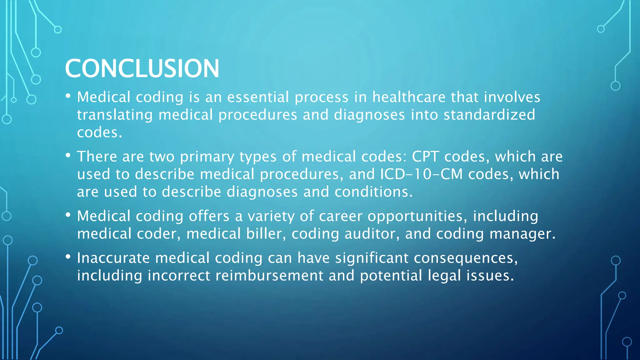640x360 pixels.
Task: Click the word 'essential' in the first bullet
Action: coord(258,97)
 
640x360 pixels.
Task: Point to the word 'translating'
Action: coord(115,115)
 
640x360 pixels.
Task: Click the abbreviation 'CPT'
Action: coord(425,156)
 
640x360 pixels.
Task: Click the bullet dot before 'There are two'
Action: coord(68,155)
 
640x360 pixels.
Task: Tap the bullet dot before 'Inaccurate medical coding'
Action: coord(68,257)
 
